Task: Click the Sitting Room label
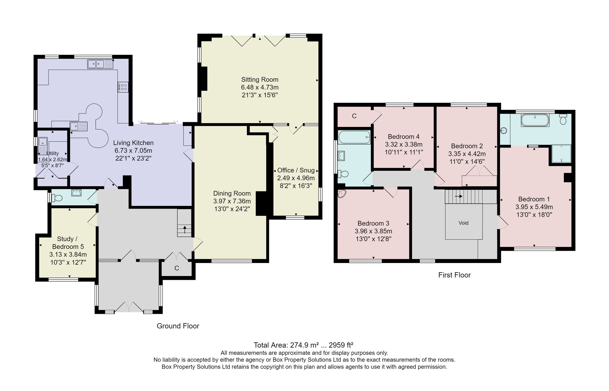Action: [x=260, y=79]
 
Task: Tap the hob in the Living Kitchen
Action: [x=123, y=87]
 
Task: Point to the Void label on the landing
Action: [x=463, y=223]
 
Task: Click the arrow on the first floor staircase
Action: [x=458, y=196]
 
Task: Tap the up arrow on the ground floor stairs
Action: [x=184, y=230]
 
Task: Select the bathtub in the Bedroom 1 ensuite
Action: [x=535, y=120]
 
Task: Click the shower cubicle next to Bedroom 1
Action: [x=561, y=154]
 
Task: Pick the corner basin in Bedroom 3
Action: [x=342, y=194]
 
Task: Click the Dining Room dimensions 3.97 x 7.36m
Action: [x=232, y=201]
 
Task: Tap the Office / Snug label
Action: [x=296, y=170]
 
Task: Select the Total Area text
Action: [x=303, y=345]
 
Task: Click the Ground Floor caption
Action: [x=178, y=326]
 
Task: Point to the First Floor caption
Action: [x=454, y=275]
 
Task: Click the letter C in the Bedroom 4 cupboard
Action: [x=354, y=116]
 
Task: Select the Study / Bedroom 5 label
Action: [x=67, y=243]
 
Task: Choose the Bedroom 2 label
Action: [x=467, y=146]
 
